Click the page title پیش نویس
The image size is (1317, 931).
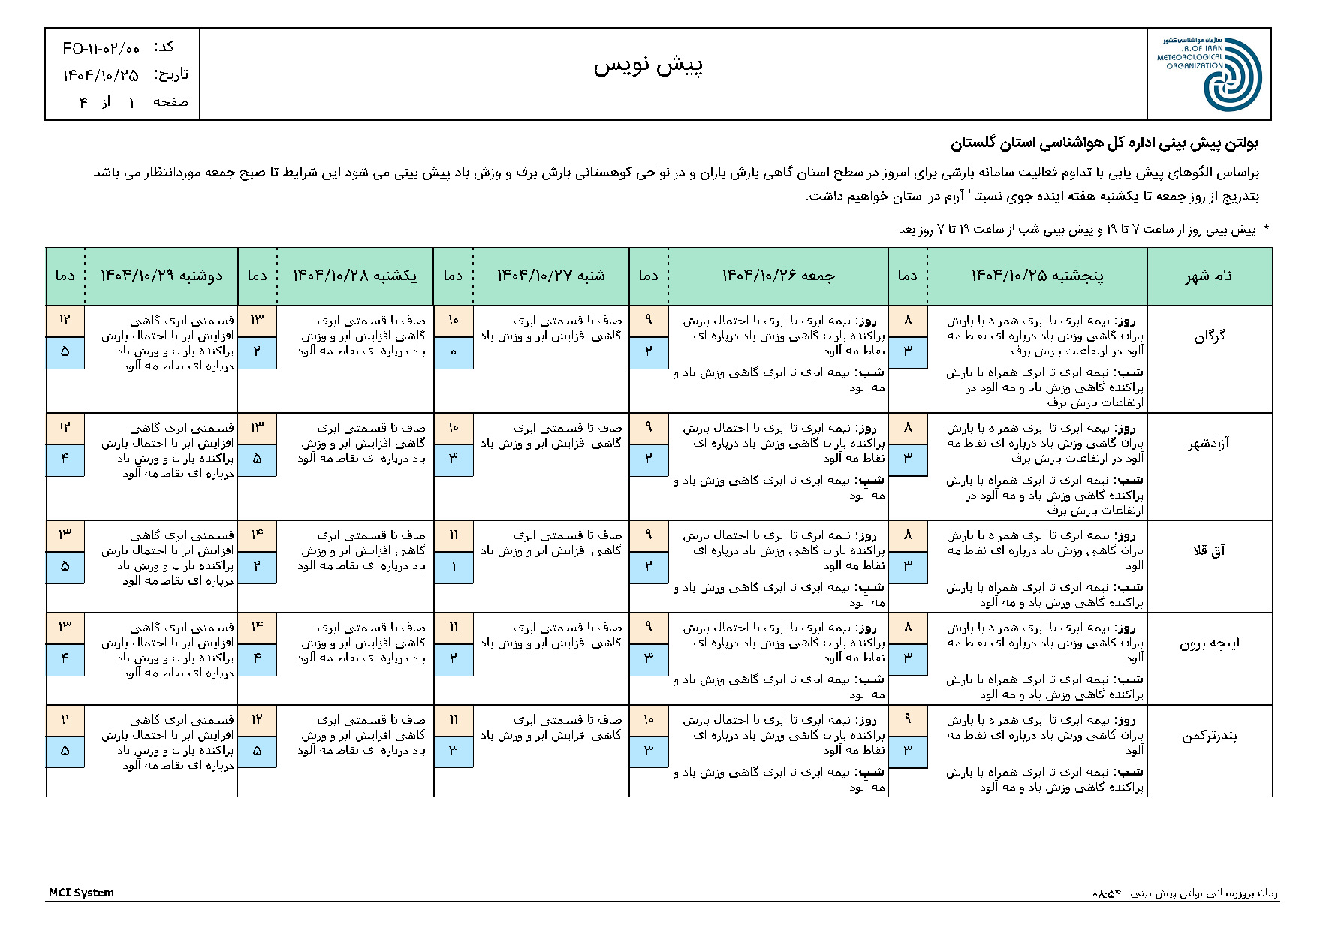tap(648, 66)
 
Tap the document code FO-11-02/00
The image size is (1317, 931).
tap(101, 49)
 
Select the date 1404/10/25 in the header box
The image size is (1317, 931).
tap(101, 75)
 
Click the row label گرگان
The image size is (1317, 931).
tap(1209, 336)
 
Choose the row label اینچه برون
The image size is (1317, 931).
tap(1209, 643)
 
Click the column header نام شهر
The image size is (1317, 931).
tap(1209, 276)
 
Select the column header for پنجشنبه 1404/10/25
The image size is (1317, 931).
tap(1037, 276)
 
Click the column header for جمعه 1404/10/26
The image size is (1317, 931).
tap(778, 276)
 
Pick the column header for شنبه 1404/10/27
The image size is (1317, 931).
tap(550, 276)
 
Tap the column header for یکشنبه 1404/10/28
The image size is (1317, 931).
tap(354, 276)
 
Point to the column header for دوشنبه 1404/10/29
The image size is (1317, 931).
tap(161, 276)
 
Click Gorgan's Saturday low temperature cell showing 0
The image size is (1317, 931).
tap(454, 352)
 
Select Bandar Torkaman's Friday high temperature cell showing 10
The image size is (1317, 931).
tap(649, 720)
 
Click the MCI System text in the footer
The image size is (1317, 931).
tap(81, 893)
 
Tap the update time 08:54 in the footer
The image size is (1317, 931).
tap(1107, 893)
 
